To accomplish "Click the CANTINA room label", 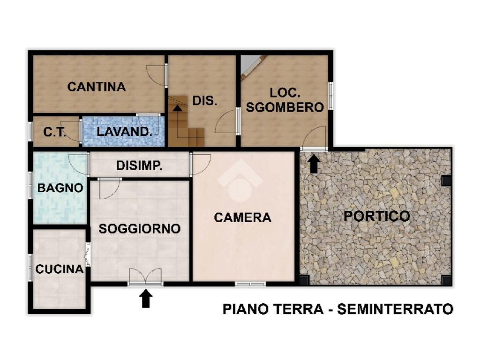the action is click(97, 87).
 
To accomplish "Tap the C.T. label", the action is click(54, 132).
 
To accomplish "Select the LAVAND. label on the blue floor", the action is click(125, 132).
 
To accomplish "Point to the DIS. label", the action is click(205, 100).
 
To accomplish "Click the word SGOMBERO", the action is click(285, 107).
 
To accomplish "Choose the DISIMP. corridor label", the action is click(139, 166).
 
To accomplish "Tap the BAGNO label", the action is click(60, 187).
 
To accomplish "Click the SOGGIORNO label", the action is click(140, 229).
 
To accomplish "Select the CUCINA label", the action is click(60, 269).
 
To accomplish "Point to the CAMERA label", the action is click(243, 217).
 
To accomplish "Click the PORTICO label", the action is click(377, 216).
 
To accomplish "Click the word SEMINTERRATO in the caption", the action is click(395, 309).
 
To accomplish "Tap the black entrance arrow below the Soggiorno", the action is click(146, 298).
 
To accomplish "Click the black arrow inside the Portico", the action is click(314, 164).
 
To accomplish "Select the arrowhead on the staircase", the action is click(177, 107).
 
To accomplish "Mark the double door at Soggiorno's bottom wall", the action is click(145, 277).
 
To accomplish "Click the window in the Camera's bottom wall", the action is click(250, 284).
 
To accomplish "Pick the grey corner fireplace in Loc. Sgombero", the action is click(249, 66).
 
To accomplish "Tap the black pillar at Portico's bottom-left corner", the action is click(305, 280).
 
